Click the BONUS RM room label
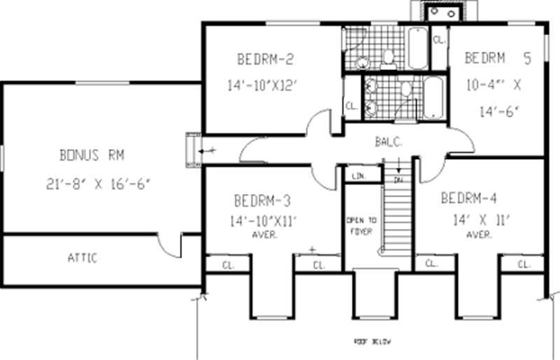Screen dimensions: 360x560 (x=92, y=155)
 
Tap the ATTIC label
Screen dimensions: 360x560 (x=83, y=258)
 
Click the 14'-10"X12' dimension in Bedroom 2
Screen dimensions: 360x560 (x=262, y=85)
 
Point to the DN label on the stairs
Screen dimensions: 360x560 (x=398, y=180)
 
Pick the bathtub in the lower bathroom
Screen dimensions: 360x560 (x=433, y=97)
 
